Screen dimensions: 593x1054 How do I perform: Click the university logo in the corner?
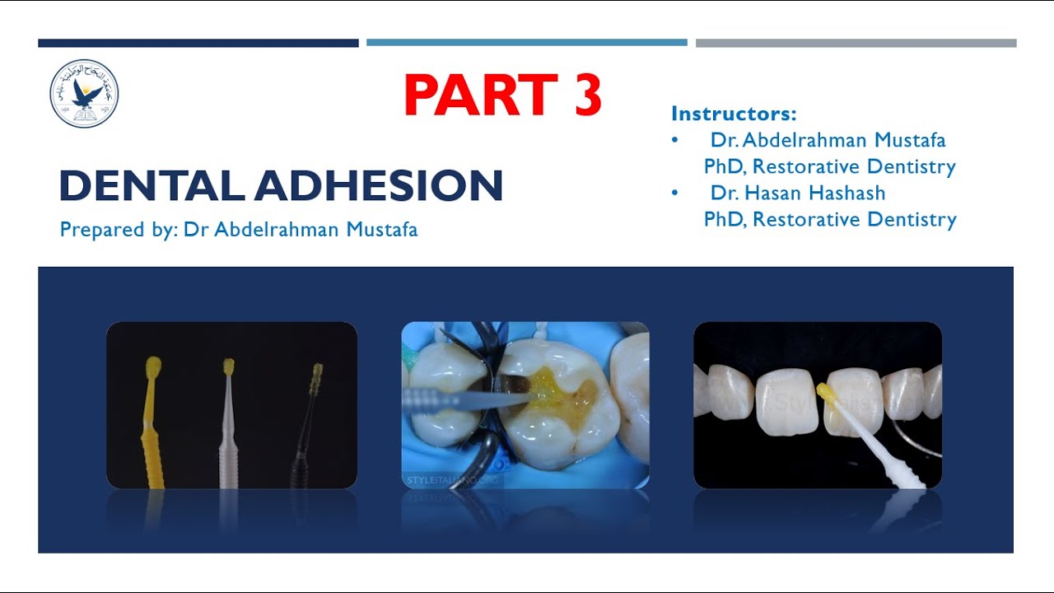[x=84, y=93]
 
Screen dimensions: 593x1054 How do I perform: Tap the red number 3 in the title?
[x=585, y=95]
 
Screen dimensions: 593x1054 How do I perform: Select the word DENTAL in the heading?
[x=151, y=185]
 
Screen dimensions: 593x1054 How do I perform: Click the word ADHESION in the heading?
[x=378, y=185]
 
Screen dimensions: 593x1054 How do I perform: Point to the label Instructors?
[x=734, y=114]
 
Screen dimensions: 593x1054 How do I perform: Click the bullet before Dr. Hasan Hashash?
[x=675, y=193]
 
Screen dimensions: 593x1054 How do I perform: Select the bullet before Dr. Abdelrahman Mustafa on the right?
[x=675, y=140]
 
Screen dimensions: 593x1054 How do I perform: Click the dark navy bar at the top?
[x=198, y=43]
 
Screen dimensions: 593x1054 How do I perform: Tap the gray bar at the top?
[x=856, y=43]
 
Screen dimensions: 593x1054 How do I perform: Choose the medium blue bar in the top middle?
[x=526, y=43]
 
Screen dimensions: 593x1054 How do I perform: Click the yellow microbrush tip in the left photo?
[x=153, y=366]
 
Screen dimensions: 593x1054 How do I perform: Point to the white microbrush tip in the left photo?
[x=228, y=367]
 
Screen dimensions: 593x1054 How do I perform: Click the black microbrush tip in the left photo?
[x=317, y=375]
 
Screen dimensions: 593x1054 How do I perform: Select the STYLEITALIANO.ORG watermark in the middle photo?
[x=452, y=479]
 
